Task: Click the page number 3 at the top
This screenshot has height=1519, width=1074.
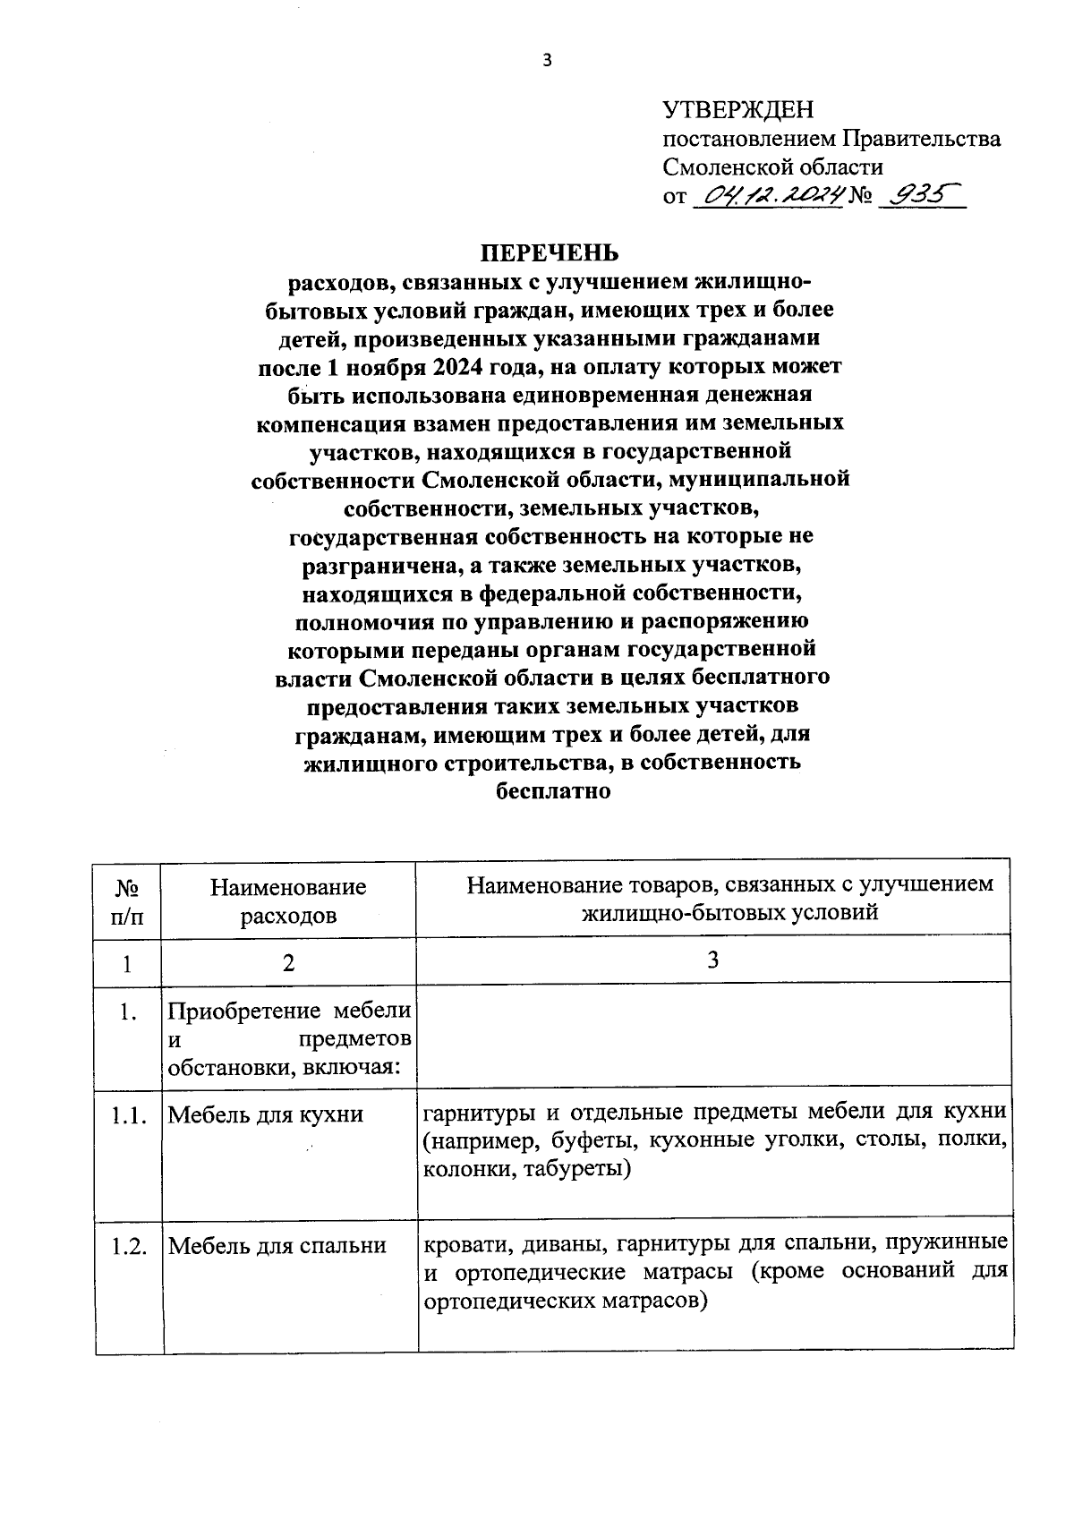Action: (x=548, y=61)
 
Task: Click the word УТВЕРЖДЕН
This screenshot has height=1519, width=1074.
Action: (x=738, y=110)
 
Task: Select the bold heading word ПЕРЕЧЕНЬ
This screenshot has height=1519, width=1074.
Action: (x=550, y=253)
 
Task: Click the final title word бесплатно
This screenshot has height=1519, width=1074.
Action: (x=552, y=790)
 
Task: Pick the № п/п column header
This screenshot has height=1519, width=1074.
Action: (x=127, y=900)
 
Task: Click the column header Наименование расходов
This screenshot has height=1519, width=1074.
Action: (x=288, y=900)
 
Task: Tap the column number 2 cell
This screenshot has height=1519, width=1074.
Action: (x=288, y=963)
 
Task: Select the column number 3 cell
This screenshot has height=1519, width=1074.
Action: (x=712, y=960)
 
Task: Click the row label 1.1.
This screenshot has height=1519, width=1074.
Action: (x=128, y=1115)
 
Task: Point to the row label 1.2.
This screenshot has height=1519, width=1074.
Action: (x=129, y=1246)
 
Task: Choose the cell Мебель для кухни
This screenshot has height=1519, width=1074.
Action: (x=266, y=1115)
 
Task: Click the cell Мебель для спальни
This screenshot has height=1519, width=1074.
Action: (x=277, y=1246)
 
